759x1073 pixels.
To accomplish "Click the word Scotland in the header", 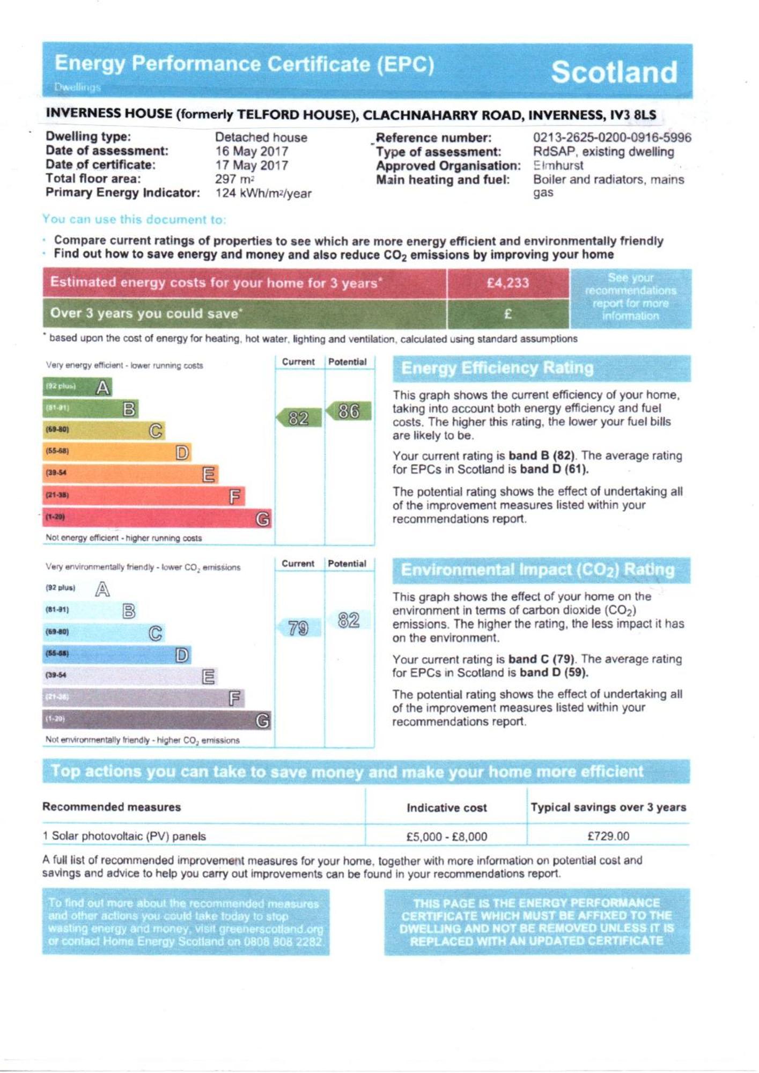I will pyautogui.click(x=614, y=72).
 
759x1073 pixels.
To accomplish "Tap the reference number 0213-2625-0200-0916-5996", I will pyautogui.click(x=611, y=138).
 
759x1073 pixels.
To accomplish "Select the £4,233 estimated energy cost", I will pyautogui.click(x=507, y=283).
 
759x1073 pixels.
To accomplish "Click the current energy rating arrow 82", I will pyautogui.click(x=299, y=418).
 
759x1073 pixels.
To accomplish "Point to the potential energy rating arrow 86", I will pyautogui.click(x=349, y=411).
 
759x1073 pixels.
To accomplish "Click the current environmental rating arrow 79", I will pyautogui.click(x=298, y=628).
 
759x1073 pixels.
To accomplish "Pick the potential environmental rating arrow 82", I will pyautogui.click(x=349, y=620).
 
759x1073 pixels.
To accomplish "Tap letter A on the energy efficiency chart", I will pyautogui.click(x=103, y=387).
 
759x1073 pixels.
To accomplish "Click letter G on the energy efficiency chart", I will pyautogui.click(x=263, y=519).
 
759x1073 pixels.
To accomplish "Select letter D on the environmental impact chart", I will pyautogui.click(x=182, y=655).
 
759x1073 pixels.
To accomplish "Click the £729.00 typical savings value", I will pyautogui.click(x=608, y=836).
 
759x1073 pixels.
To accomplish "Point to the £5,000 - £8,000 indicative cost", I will pyautogui.click(x=446, y=836).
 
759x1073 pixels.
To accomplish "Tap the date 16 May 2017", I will pyautogui.click(x=252, y=151).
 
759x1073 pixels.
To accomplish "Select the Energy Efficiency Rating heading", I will pyautogui.click(x=497, y=368).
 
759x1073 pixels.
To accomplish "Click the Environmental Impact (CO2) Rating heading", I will pyautogui.click(x=537, y=570).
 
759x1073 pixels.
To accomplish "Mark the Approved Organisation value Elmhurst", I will pyautogui.click(x=558, y=165).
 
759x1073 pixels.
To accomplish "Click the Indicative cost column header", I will pyautogui.click(x=446, y=807).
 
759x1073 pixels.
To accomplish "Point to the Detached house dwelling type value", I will pyautogui.click(x=261, y=137).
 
